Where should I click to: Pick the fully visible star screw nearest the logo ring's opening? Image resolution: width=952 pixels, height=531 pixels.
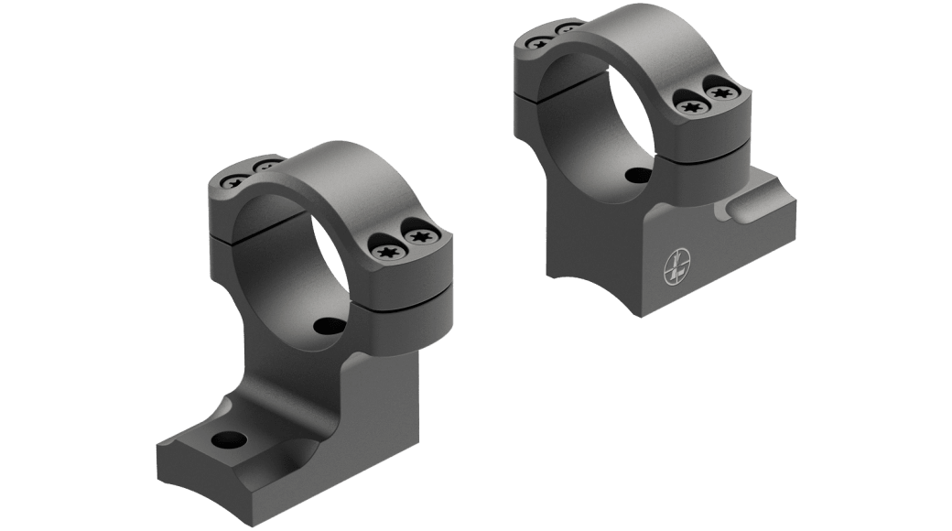[x=689, y=106]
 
